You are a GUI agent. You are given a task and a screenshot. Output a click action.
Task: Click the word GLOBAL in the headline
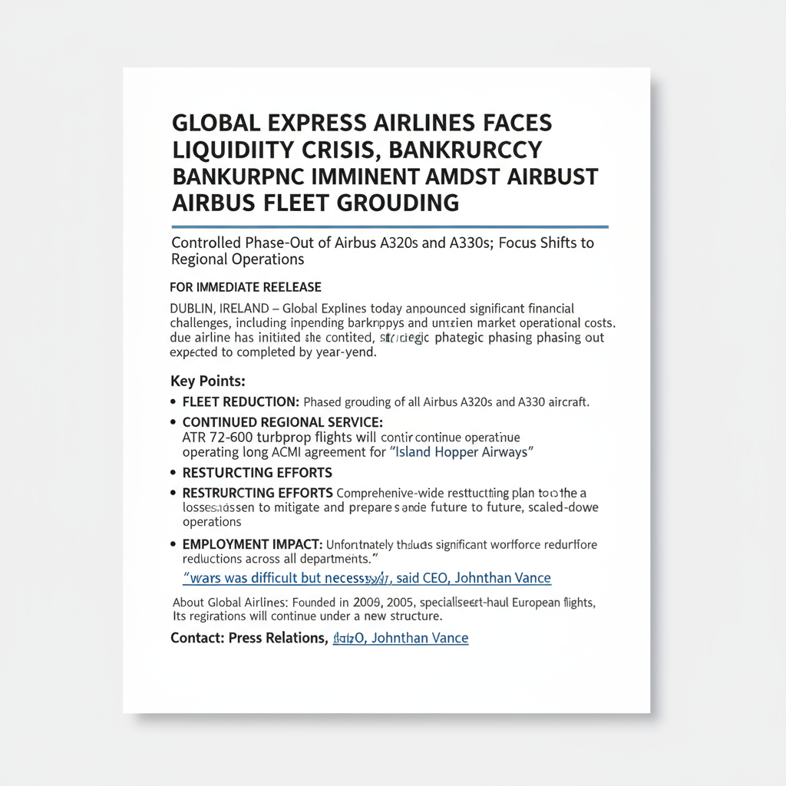point(213,124)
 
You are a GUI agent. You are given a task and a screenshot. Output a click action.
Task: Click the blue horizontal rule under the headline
point(390,227)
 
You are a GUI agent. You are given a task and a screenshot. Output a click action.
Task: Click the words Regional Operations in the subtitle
point(238,259)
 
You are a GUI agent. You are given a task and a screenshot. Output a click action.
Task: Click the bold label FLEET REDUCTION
point(240,401)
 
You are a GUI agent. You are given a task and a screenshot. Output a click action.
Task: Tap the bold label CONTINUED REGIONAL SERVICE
point(282,422)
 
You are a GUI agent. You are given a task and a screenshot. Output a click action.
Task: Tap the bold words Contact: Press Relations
point(249,638)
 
